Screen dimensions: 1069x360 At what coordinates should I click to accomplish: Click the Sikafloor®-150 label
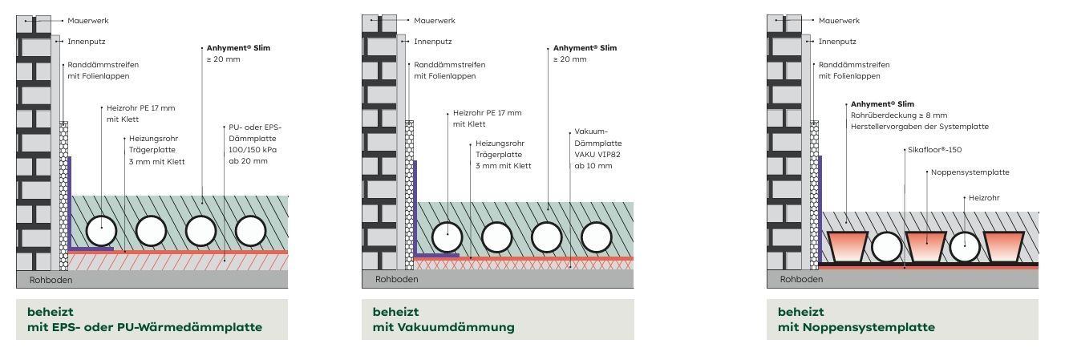pos(934,150)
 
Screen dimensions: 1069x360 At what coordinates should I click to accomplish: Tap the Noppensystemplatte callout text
pos(970,172)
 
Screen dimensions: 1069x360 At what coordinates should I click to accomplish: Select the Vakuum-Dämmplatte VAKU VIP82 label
pos(597,149)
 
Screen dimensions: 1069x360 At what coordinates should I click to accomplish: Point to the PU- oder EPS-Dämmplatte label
pos(255,144)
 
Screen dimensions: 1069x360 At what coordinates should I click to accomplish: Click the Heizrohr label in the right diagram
pos(984,198)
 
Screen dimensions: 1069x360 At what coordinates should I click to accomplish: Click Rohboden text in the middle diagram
pos(397,279)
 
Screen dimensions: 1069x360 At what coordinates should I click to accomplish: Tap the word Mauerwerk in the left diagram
pos(87,21)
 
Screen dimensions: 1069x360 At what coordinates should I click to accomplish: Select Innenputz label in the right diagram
pos(837,42)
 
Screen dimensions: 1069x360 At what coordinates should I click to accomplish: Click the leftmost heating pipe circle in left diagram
pos(101,231)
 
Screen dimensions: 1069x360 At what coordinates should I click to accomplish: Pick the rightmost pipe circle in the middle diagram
pos(597,237)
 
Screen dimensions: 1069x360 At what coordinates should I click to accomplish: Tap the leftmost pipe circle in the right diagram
pos(886,247)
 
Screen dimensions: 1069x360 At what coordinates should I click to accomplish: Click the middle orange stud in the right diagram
pos(925,246)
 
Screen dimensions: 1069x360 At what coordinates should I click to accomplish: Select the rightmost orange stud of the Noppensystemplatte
pos(1003,246)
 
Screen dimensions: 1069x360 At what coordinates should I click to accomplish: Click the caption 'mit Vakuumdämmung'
pos(443,328)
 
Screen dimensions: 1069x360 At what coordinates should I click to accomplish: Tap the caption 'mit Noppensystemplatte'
pos(856,328)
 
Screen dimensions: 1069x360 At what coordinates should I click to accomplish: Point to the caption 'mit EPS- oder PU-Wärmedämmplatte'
pos(144,328)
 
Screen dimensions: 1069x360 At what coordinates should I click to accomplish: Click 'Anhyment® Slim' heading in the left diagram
pos(238,48)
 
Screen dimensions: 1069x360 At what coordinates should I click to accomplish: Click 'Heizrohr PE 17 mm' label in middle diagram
pos(488,113)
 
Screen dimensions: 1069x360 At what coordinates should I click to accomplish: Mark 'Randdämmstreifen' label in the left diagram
pos(103,65)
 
